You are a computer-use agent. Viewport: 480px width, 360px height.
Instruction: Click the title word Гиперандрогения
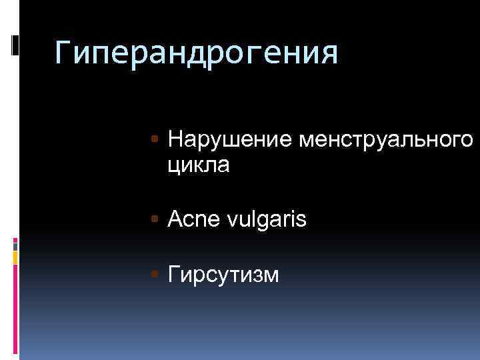click(x=197, y=53)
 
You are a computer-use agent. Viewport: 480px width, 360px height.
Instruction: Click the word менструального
click(x=387, y=141)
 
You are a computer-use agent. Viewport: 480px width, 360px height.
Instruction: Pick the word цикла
click(x=199, y=165)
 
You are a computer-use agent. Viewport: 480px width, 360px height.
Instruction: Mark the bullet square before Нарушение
click(x=155, y=139)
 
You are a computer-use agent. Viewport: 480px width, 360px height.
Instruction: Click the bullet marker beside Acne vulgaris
click(x=155, y=218)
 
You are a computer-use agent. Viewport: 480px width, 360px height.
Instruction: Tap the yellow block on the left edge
click(x=15, y=257)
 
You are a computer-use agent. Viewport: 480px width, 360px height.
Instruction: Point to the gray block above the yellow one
click(x=15, y=245)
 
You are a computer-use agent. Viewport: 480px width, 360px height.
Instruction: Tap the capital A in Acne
click(x=175, y=218)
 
